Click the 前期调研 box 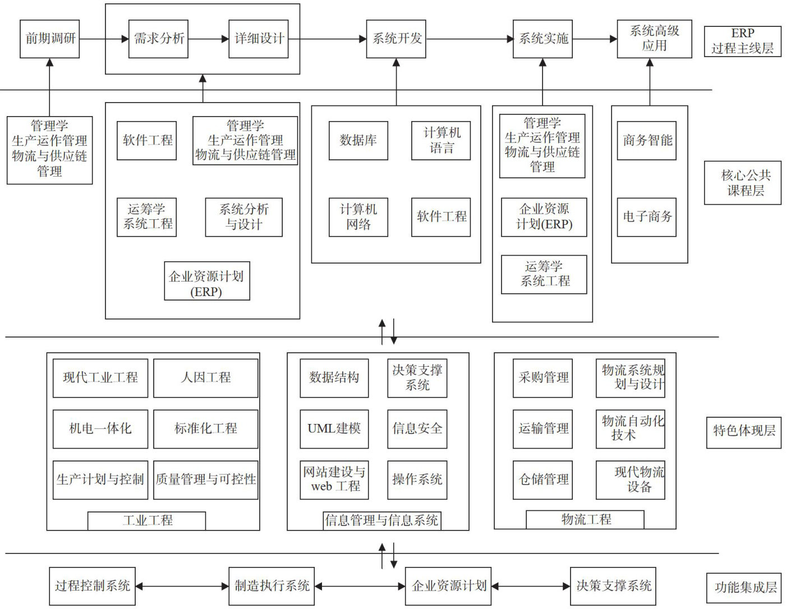pos(49,39)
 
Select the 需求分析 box pos(158,39)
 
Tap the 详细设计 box pos(259,39)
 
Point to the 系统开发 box pos(396,39)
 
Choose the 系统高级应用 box pos(654,39)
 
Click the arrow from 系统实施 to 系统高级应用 pos(595,39)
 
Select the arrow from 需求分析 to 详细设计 pos(208,39)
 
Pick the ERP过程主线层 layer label pos(742,41)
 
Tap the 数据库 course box pos(358,140)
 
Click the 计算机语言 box pos(441,140)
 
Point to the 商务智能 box pos(646,140)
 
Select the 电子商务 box pos(646,216)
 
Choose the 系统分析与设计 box pos(243,217)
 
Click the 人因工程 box pos(205,377)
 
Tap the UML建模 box pos(334,428)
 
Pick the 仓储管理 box pos(543,479)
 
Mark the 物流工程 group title pos(585,519)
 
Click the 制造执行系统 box pos(272,586)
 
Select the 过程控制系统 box pos(92,586)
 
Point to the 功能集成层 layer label pos(744,587)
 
